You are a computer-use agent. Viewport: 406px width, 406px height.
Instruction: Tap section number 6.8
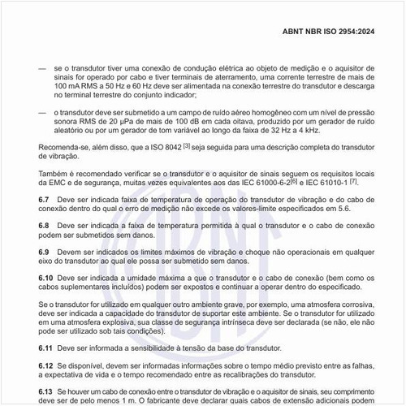point(45,224)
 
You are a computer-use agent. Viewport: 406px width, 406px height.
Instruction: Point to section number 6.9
point(45,252)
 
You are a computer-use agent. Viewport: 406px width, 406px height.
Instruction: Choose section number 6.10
point(47,278)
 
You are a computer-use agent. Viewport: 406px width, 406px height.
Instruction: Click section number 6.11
point(47,348)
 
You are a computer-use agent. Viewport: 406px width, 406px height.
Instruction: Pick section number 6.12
point(47,366)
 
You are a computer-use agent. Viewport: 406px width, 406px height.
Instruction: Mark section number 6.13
point(47,391)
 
